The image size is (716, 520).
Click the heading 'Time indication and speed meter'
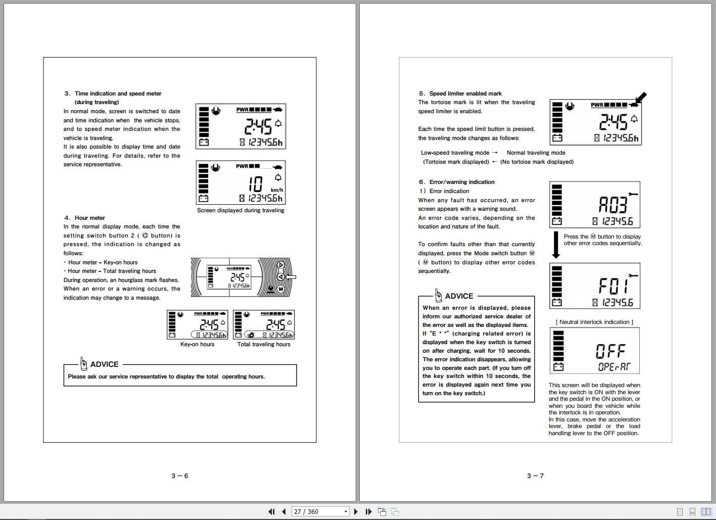118,93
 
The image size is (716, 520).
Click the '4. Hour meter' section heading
89,218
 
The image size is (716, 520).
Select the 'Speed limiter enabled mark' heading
465,93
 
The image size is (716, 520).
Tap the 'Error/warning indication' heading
461,182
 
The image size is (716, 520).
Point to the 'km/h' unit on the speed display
277,190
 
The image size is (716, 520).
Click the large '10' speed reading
256,184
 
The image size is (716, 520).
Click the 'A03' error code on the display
613,205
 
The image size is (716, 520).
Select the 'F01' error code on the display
613,287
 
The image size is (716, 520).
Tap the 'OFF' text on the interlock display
610,351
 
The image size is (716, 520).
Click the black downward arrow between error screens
556,245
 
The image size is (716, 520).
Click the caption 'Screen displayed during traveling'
241,210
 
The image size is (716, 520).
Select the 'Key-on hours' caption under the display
197,344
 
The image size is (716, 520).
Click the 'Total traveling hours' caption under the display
264,344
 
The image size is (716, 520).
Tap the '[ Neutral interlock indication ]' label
594,322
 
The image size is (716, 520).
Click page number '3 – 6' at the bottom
179,476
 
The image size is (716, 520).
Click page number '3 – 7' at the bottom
535,476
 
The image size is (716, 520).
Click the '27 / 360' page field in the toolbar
320,511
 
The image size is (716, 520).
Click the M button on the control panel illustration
281,289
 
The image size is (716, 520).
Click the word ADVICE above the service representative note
104,364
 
